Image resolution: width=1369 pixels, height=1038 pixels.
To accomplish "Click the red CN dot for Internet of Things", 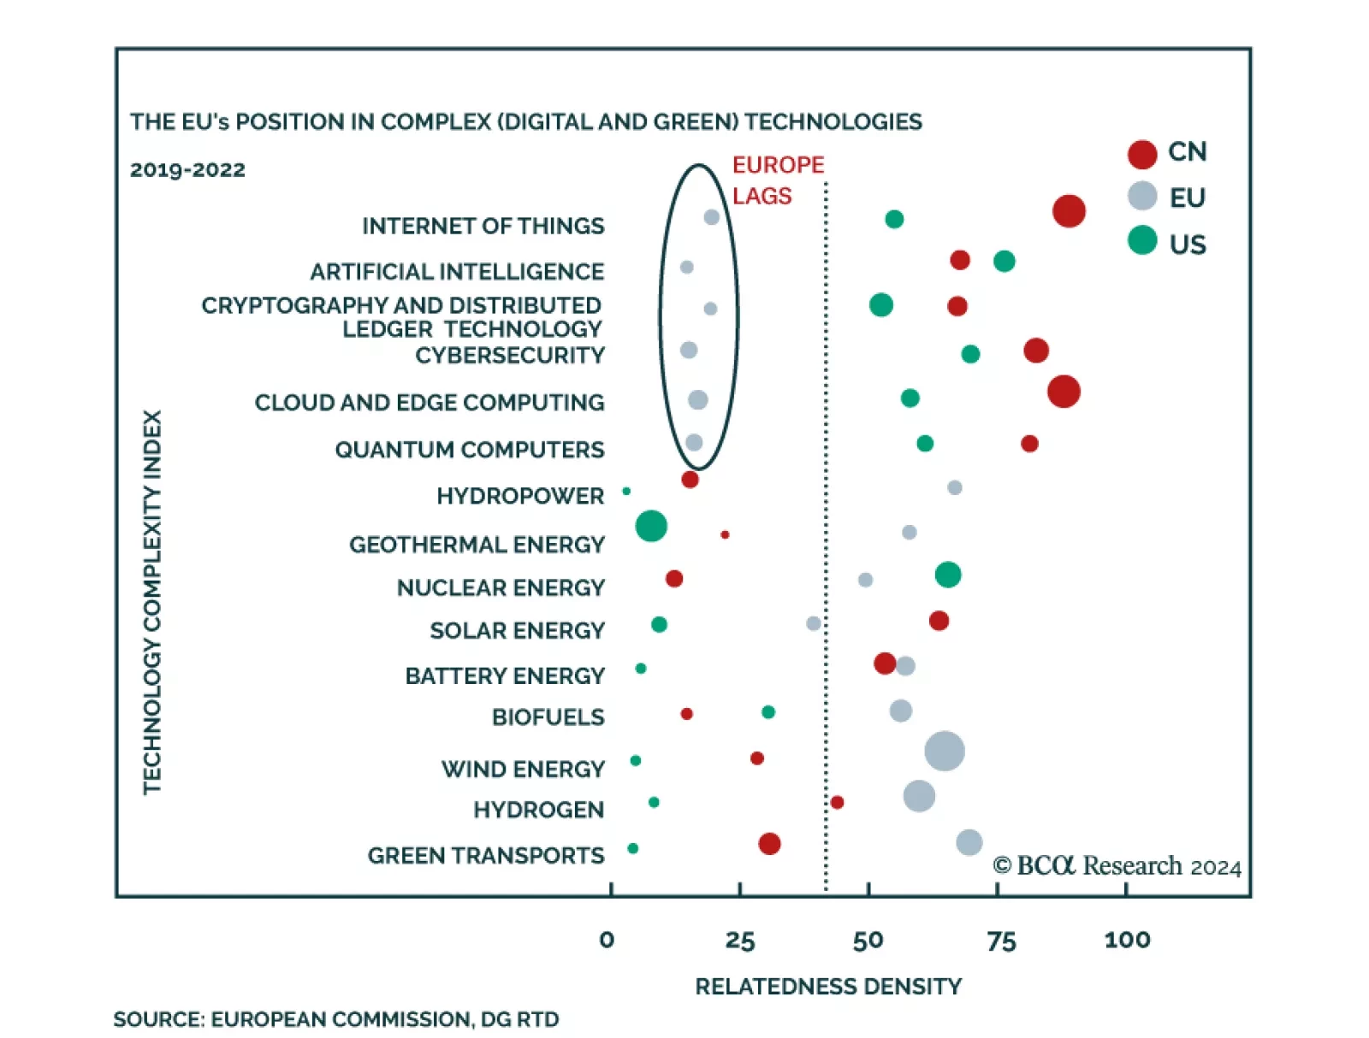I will point(1069,210).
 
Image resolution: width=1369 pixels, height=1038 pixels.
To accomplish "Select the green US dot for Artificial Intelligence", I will point(1004,261).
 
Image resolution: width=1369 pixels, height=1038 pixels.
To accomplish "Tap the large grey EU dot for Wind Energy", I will point(945,752).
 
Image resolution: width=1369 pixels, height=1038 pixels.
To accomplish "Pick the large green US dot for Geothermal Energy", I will point(651,526).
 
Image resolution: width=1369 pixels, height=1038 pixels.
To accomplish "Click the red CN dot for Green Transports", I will point(769,844).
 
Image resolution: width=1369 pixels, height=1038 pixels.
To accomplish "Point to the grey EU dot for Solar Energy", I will point(813,623).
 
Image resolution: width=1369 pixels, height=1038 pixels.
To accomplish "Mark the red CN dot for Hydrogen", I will point(837,802).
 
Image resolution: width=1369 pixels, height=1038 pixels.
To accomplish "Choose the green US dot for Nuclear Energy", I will point(947,575).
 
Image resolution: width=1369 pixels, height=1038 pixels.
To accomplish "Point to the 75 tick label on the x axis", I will point(1001,941).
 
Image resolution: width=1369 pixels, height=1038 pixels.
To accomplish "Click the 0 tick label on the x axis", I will point(607,941).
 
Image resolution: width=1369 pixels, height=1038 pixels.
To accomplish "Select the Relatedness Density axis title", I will point(827,987).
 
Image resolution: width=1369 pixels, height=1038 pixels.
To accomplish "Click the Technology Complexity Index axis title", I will point(152,602).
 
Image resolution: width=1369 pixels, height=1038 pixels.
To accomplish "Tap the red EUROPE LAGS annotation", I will point(777,180).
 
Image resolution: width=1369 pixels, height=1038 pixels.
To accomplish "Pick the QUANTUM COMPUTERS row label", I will point(469,450).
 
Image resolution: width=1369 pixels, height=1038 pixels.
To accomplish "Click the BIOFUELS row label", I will point(548,717).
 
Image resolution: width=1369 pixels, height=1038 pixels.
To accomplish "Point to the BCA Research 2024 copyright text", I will point(1116,866).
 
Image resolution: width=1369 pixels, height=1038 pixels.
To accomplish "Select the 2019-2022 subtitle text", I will point(187,169).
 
